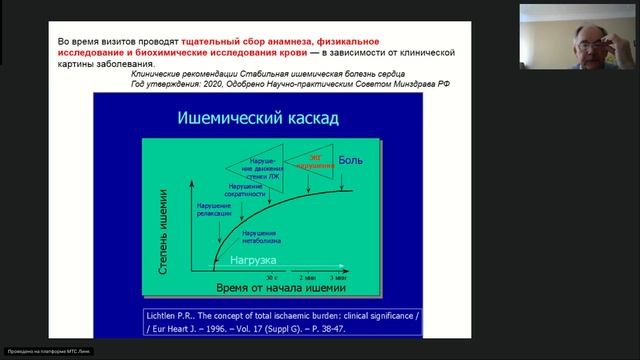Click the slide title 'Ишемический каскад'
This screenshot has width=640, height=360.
pyautogui.click(x=257, y=119)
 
